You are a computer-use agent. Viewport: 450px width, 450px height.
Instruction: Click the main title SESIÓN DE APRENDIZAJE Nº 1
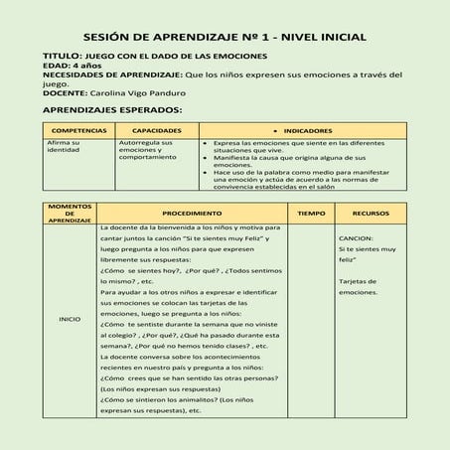[224, 37]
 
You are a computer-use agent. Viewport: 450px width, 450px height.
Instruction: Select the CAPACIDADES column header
[156, 130]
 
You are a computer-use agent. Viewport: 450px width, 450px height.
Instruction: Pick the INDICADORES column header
[307, 130]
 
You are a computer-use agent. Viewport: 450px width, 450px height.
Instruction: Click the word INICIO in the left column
[70, 319]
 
